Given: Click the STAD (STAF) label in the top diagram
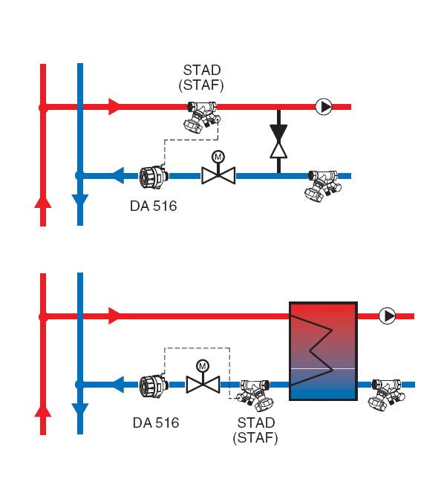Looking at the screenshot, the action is point(201,78).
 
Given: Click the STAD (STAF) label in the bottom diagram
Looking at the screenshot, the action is point(255,430).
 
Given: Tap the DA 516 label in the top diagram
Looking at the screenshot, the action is point(154,206).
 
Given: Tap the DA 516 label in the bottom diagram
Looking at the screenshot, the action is point(156,423).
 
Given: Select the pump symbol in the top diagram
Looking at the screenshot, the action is point(324,107).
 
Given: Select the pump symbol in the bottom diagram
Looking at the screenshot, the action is point(388,316).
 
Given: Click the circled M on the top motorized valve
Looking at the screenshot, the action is point(218,157).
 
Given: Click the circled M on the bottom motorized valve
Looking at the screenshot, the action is point(203,366).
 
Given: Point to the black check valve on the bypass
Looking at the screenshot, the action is point(278,142).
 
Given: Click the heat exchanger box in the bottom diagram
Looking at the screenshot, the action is point(324,351).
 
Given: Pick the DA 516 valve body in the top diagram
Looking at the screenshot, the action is point(154,176).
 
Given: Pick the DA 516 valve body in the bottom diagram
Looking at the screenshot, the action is point(154,385).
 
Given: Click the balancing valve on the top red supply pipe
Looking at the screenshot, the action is point(203,117).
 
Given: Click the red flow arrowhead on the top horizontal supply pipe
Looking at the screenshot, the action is point(115,107).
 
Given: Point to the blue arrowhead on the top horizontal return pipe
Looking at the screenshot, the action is point(118,176).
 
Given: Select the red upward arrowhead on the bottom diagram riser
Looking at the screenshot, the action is point(43,411).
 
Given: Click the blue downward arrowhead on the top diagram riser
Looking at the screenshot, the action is point(80,202).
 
